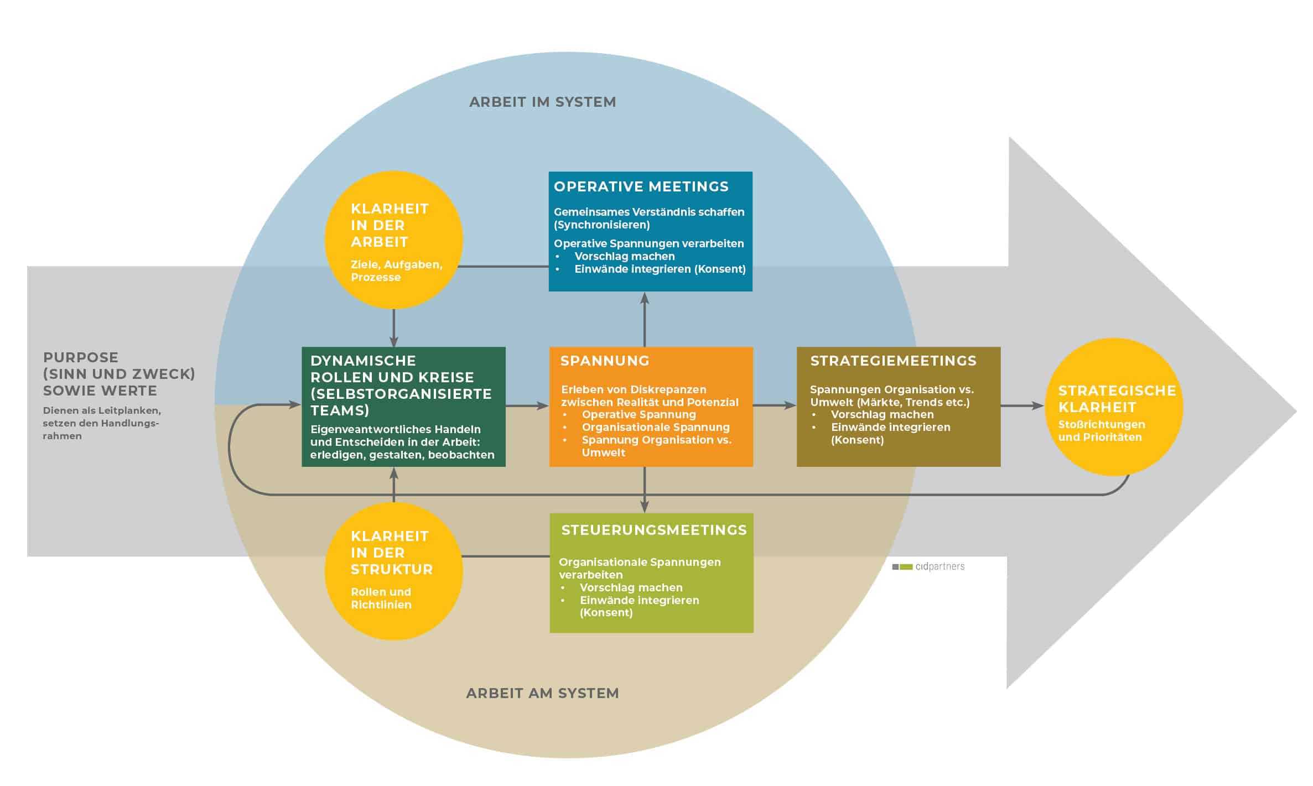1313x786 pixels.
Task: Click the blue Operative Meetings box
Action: pos(650,231)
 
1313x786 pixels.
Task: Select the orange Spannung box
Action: pos(651,407)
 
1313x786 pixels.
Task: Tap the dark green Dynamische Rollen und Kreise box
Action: pos(403,407)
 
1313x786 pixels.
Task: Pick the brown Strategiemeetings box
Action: pos(899,407)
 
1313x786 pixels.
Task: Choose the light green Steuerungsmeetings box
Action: pos(651,573)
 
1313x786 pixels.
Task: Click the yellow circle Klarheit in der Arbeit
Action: pos(393,240)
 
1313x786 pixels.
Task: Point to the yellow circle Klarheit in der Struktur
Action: pos(393,571)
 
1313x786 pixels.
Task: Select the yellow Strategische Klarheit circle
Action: pos(1114,407)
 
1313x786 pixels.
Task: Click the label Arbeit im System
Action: pos(542,102)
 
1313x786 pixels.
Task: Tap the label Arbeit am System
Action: pos(542,693)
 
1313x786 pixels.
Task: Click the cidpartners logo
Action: pos(928,566)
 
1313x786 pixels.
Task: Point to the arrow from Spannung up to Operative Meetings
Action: pos(645,319)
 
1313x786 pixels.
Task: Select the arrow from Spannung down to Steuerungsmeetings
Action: pos(645,490)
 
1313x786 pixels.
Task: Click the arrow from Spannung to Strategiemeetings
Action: pos(775,405)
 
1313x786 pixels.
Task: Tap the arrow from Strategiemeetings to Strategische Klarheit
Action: pos(1023,406)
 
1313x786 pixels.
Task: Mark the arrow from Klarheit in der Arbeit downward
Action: pos(393,327)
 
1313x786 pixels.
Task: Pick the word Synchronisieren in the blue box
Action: pos(602,225)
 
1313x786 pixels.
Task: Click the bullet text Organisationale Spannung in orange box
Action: pos(656,427)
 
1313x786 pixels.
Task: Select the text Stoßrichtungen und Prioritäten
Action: pos(1101,431)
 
